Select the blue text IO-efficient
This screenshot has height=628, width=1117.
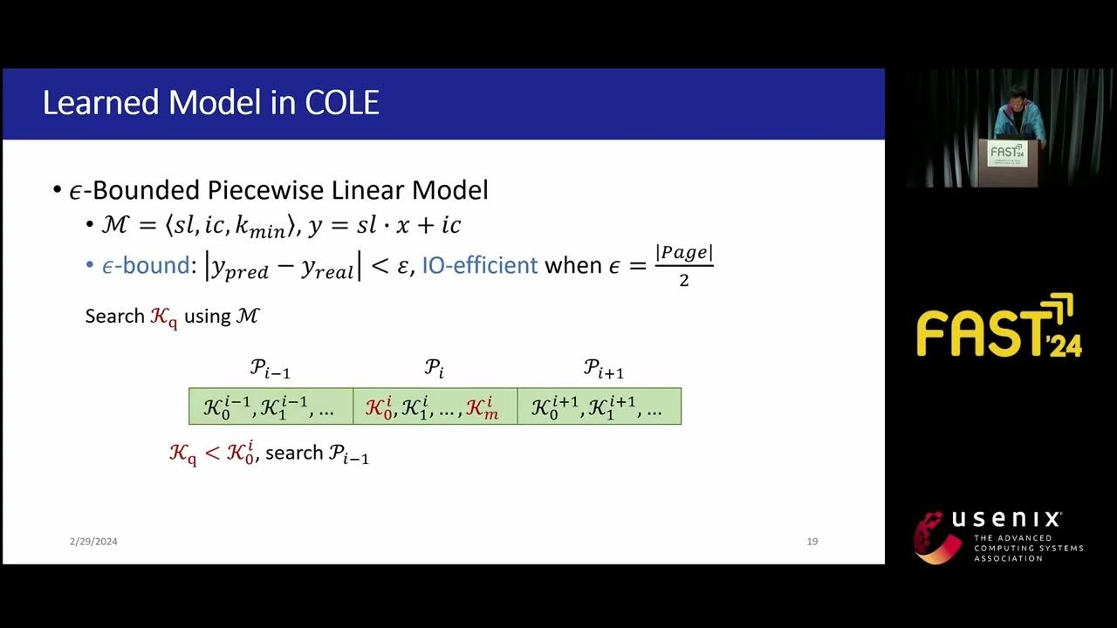click(x=479, y=265)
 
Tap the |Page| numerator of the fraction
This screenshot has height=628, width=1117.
click(x=685, y=254)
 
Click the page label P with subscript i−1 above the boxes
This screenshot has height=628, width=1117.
click(x=270, y=369)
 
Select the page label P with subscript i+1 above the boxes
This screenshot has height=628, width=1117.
click(x=603, y=369)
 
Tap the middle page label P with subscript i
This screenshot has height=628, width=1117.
click(x=434, y=369)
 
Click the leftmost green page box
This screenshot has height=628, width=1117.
click(x=271, y=406)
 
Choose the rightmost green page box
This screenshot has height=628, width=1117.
click(x=599, y=406)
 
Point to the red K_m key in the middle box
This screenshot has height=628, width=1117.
click(x=482, y=407)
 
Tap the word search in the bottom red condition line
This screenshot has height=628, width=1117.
click(x=294, y=454)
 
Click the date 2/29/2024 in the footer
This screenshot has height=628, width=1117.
click(x=93, y=542)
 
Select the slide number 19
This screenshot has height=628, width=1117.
click(x=812, y=542)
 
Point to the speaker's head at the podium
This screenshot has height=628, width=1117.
click(x=1015, y=94)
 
